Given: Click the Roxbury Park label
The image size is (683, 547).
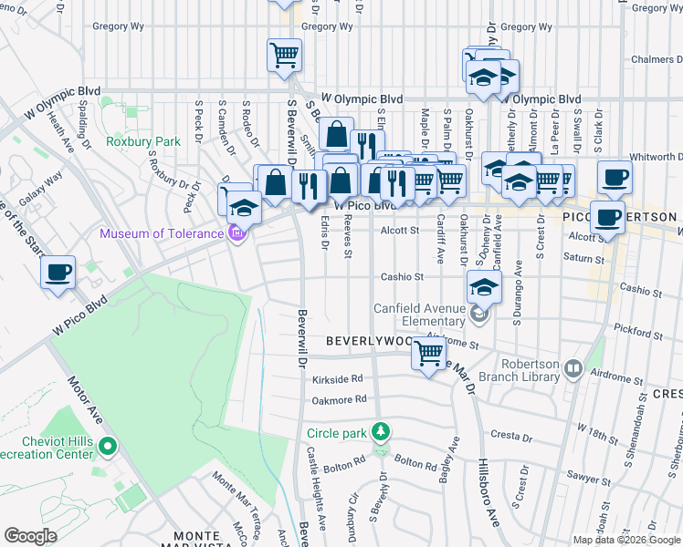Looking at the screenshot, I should click(142, 141).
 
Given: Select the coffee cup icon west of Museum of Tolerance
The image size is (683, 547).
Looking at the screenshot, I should click(58, 272).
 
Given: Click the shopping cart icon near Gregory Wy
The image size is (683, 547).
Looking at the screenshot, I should click(284, 55).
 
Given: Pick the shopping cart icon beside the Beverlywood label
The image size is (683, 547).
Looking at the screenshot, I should click(428, 352).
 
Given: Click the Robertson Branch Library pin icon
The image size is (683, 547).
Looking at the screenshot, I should click(573, 368).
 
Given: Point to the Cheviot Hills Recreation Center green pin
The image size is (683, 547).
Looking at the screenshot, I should click(108, 447).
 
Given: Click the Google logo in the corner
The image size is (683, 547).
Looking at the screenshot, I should click(30, 536).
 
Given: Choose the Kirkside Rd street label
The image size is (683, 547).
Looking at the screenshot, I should click(338, 378).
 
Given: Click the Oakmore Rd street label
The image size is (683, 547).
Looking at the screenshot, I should click(339, 398).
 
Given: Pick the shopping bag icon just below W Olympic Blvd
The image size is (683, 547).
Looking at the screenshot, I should click(336, 134).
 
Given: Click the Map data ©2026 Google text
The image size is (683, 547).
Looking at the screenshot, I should click(625, 540).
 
